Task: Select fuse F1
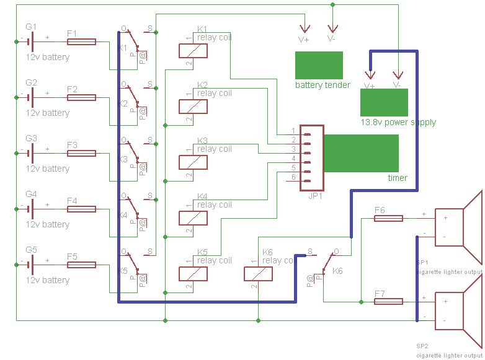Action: tap(81, 42)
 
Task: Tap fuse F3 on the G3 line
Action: tap(81, 153)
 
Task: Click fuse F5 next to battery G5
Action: tap(81, 265)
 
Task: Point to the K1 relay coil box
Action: tap(193, 51)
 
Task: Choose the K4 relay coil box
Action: tap(193, 218)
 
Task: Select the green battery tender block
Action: tap(319, 65)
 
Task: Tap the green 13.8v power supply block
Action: tap(384, 102)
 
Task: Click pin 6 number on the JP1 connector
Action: tap(293, 178)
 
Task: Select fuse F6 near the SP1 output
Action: tap(388, 218)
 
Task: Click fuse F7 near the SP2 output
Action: tap(388, 302)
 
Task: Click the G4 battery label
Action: tap(32, 194)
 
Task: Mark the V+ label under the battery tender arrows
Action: tap(304, 39)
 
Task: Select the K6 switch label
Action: tap(338, 271)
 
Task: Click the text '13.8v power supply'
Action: tap(398, 122)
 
